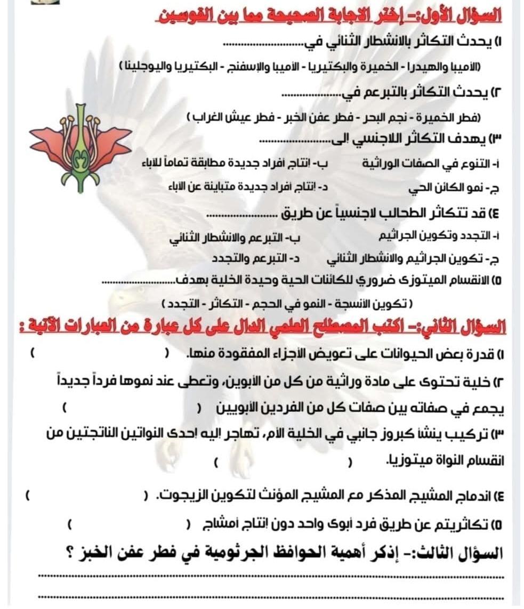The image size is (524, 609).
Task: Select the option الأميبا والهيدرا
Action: (452, 67)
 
